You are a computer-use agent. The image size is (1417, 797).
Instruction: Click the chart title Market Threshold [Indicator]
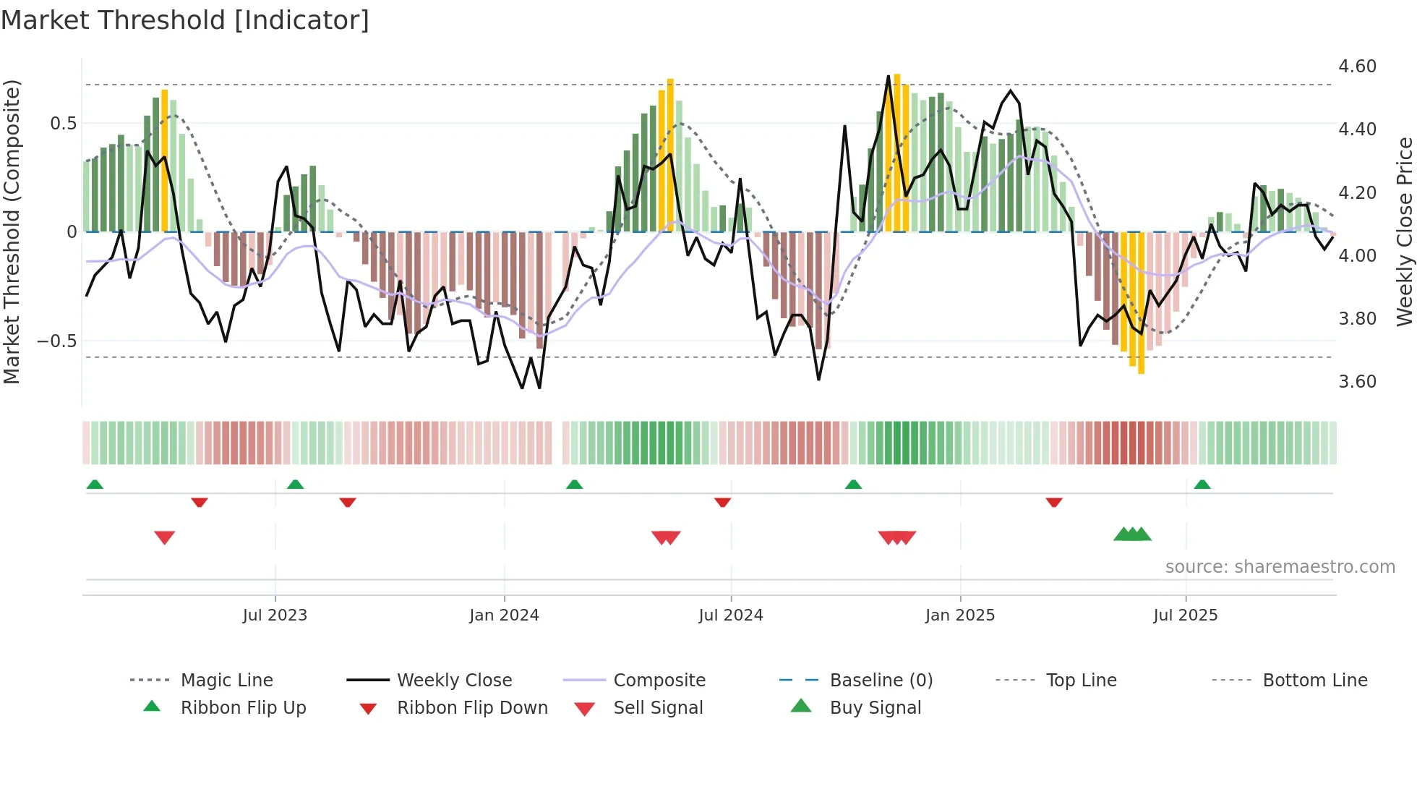tap(185, 20)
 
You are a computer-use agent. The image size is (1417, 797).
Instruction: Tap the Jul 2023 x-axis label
tap(275, 615)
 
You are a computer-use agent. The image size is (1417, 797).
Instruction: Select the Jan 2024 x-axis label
tap(504, 615)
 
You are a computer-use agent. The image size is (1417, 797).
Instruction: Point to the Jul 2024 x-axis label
tap(731, 615)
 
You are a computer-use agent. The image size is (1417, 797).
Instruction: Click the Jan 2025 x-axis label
tap(960, 615)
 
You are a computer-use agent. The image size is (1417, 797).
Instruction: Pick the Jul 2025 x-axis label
tap(1186, 615)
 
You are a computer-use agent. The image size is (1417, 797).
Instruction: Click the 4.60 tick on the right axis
tap(1357, 67)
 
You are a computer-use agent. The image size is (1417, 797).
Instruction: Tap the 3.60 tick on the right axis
tap(1357, 382)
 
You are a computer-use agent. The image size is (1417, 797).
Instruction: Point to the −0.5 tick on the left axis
tap(57, 341)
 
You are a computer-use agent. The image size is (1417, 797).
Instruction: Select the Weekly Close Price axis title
tap(1404, 231)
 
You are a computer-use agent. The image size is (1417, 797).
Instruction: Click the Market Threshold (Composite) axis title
tap(12, 231)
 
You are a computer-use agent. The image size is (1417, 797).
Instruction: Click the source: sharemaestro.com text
tap(1280, 567)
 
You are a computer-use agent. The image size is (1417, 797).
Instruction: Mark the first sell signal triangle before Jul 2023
tap(165, 537)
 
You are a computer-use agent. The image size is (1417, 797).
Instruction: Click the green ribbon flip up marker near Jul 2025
tap(1202, 485)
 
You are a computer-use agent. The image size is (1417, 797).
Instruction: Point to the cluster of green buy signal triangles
tap(1132, 534)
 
